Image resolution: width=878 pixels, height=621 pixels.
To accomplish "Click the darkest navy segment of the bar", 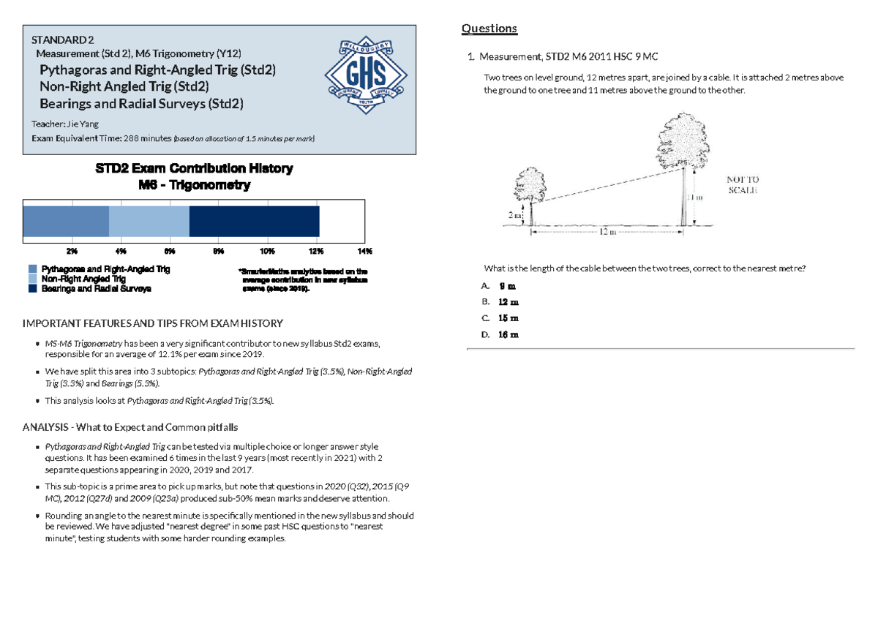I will (254, 221).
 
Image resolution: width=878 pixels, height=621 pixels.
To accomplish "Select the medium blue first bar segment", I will (66, 221).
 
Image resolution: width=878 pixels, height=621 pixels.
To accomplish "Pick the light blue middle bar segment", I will (149, 221).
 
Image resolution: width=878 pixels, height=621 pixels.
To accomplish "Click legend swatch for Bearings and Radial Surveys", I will (33, 289).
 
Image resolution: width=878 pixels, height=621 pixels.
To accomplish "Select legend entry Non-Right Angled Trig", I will (83, 279).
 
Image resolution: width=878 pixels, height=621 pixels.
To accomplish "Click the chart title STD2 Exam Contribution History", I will (195, 169).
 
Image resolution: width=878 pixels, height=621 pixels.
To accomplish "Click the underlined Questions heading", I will (489, 29).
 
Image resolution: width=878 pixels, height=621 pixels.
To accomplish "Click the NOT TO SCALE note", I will (742, 184).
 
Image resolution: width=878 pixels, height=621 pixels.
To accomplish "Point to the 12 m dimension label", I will (607, 232).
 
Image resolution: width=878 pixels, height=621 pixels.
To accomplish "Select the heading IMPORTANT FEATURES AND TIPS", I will (153, 323).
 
